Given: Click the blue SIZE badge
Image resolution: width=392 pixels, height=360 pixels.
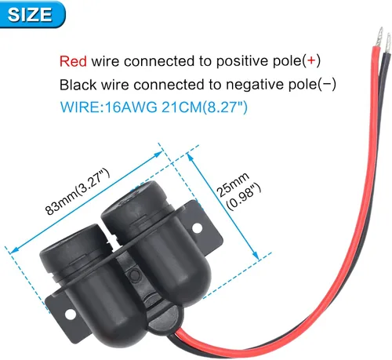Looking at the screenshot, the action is click(x=32, y=14).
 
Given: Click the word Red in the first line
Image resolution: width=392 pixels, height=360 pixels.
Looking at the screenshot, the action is click(x=73, y=61).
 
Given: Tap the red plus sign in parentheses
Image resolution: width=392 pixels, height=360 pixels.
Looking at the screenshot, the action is click(x=311, y=60).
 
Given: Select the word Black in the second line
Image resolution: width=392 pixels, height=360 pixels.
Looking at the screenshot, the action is click(x=78, y=85).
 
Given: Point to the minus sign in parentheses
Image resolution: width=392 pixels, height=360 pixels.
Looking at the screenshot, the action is click(x=327, y=84).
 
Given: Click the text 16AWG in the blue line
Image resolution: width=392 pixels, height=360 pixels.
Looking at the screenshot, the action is click(x=131, y=107).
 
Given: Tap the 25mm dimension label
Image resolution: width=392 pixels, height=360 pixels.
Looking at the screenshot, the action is click(x=232, y=184).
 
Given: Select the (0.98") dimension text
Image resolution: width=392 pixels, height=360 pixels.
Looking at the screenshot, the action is click(x=244, y=196).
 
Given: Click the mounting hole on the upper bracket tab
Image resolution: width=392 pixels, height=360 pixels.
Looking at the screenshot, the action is click(x=198, y=227).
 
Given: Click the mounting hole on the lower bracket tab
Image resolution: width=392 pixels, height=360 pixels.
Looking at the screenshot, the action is click(x=70, y=314).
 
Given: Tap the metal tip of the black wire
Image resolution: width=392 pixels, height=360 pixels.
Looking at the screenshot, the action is click(x=388, y=43).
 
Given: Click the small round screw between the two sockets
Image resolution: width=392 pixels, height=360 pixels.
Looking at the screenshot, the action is click(x=134, y=275).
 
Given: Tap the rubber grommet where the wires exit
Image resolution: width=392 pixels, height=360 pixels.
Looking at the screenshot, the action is click(x=165, y=320).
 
